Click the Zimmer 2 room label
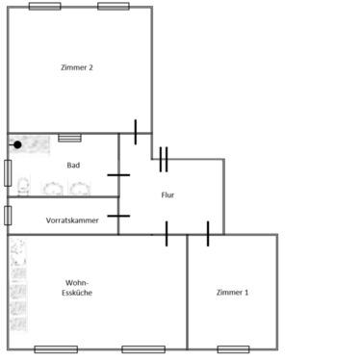click(x=76, y=67)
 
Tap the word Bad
click(x=73, y=165)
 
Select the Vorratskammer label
click(x=73, y=219)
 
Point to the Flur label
click(x=167, y=195)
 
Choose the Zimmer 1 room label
click(x=232, y=292)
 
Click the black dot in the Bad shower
click(x=17, y=144)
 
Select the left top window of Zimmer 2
click(x=43, y=6)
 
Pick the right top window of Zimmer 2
click(x=114, y=6)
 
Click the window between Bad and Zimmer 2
click(x=69, y=136)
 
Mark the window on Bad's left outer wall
click(x=8, y=173)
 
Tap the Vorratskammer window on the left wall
click(x=8, y=216)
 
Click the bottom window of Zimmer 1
click(x=233, y=348)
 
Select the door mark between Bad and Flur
click(x=118, y=175)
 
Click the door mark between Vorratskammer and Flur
click(x=118, y=216)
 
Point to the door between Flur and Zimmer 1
click(x=207, y=234)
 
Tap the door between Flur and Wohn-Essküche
click(x=167, y=234)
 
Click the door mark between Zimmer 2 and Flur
click(x=136, y=132)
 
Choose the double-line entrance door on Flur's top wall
click(x=165, y=159)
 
